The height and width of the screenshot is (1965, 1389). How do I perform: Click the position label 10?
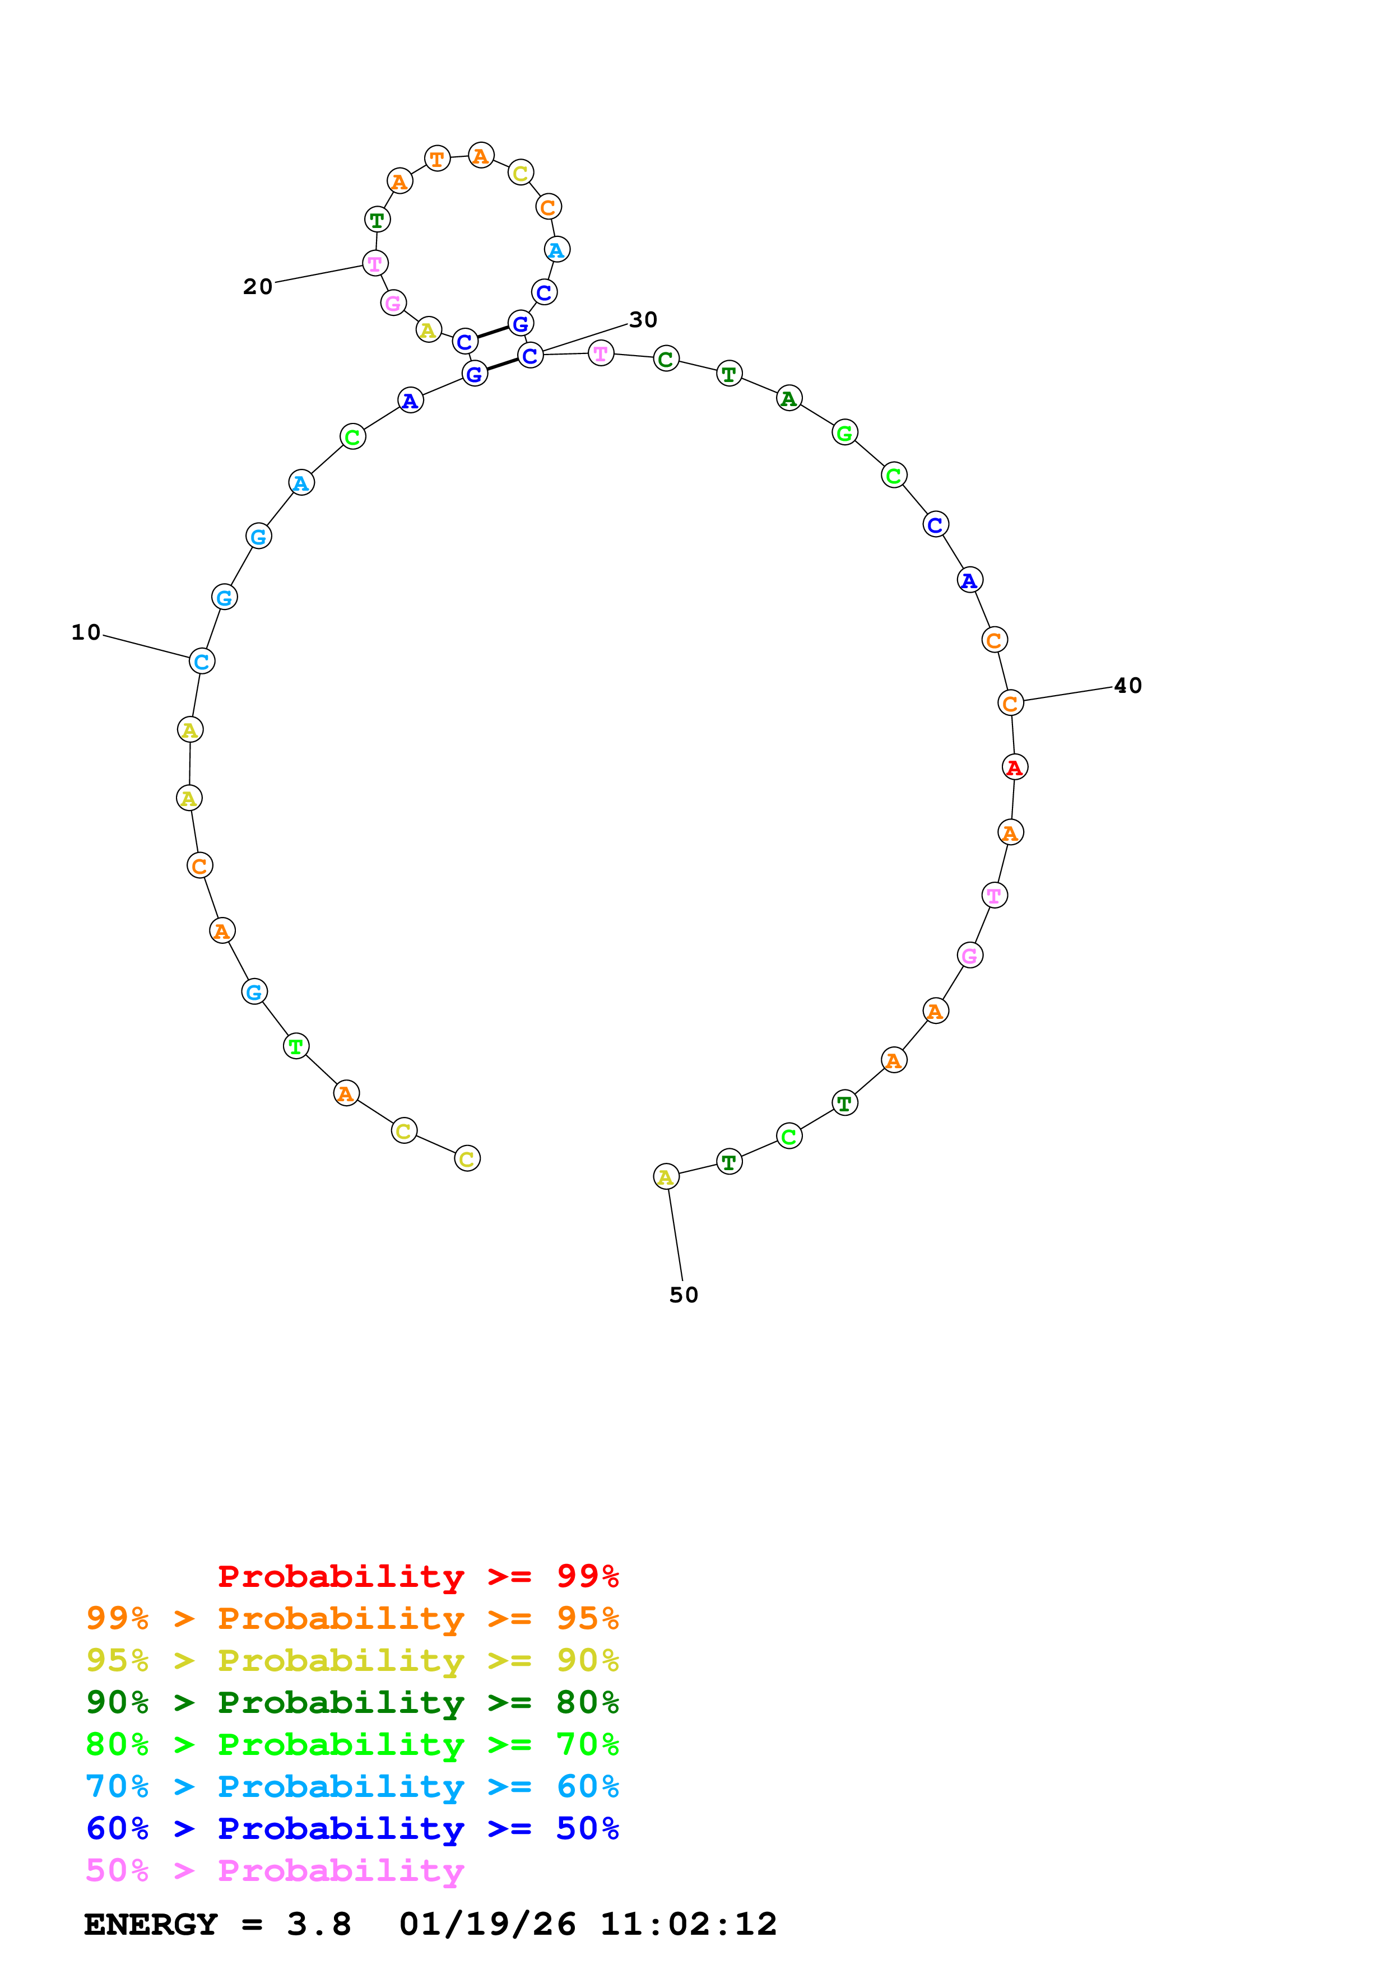[86, 632]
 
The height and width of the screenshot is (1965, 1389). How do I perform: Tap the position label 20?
[258, 287]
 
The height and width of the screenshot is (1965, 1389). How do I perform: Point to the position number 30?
[643, 320]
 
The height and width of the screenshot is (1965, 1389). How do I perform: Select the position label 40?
[1127, 686]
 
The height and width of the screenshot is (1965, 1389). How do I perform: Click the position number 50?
[684, 1295]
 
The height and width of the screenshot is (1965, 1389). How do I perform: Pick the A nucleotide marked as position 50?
[666, 1177]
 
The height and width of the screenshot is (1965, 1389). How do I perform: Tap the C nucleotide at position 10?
[202, 662]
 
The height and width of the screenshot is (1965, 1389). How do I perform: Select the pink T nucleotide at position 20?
[375, 264]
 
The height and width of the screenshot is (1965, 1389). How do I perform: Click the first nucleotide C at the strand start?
[467, 1159]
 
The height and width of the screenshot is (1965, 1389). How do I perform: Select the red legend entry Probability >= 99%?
[417, 1576]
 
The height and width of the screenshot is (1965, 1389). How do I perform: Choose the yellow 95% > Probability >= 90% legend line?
[352, 1660]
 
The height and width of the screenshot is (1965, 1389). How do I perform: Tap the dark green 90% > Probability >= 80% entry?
[352, 1702]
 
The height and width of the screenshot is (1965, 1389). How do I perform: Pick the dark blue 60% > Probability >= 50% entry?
[352, 1828]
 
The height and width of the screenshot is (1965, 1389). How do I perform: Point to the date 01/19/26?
[487, 1924]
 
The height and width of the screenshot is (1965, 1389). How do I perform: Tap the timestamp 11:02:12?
[688, 1924]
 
